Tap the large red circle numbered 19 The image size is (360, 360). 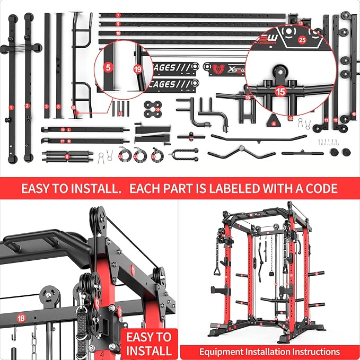(138, 69)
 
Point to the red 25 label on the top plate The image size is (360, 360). (302, 39)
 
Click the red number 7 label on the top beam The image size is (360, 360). (118, 15)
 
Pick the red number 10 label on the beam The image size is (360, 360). (118, 33)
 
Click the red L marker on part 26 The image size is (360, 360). (69, 129)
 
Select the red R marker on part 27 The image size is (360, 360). (69, 141)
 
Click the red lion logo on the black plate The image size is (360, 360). (215, 68)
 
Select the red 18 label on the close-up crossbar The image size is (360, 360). (21, 318)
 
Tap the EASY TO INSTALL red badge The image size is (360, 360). (149, 343)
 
